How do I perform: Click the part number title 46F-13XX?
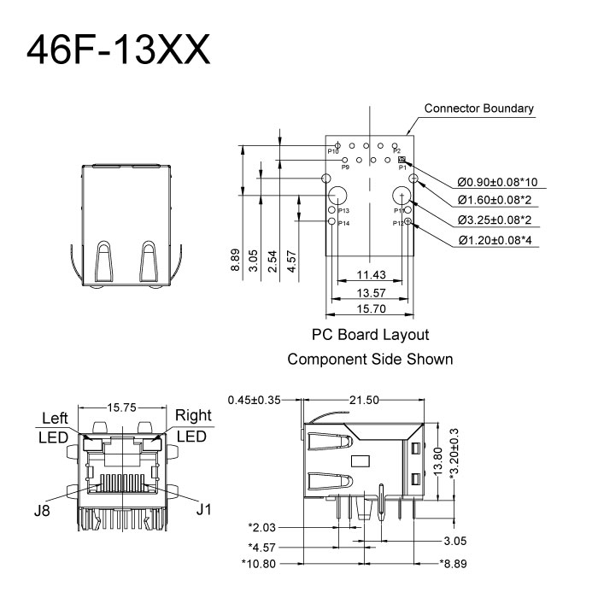[x=118, y=50]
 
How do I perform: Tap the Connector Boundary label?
[x=479, y=108]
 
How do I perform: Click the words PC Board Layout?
[x=370, y=335]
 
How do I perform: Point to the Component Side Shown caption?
[x=370, y=359]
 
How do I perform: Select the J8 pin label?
[x=42, y=512]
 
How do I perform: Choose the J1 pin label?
[x=202, y=512]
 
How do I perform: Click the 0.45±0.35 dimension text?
[x=256, y=399]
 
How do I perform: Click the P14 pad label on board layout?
[x=343, y=224]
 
